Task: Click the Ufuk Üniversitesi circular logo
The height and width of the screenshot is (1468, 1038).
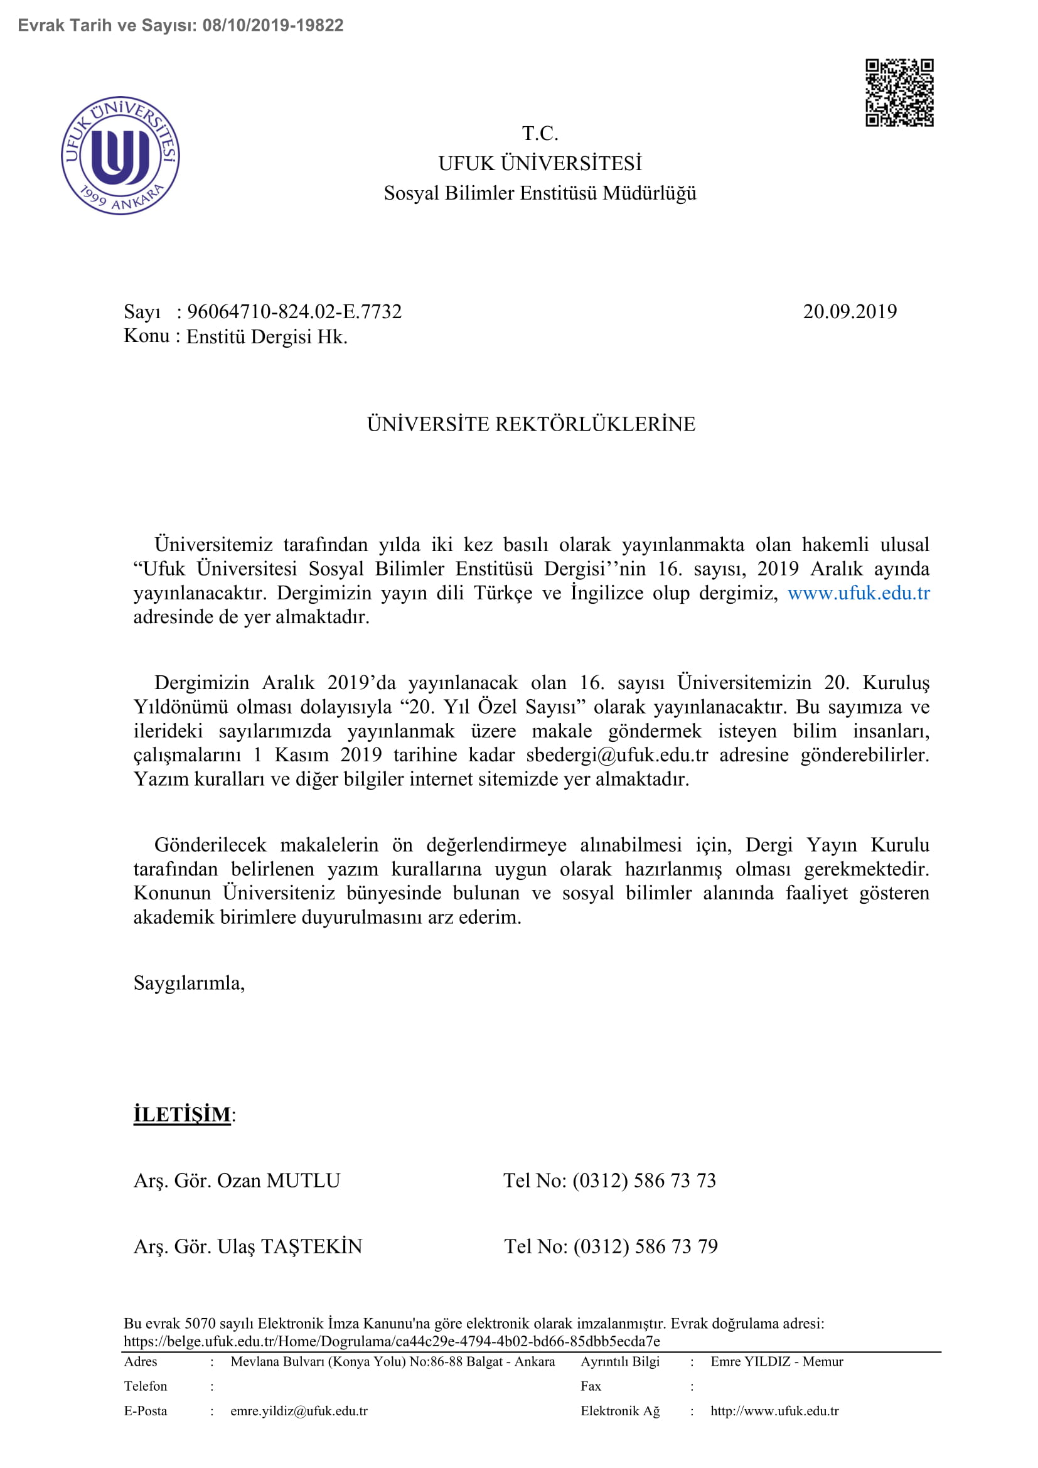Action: click(x=120, y=156)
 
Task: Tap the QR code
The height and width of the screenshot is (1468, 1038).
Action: click(x=899, y=93)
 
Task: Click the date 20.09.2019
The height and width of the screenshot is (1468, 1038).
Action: click(x=850, y=312)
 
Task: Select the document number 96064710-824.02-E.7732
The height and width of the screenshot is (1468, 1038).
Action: click(x=294, y=312)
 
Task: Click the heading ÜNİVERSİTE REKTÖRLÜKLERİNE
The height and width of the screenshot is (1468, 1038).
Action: click(x=530, y=424)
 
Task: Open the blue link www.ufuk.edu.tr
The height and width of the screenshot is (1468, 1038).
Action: click(x=858, y=593)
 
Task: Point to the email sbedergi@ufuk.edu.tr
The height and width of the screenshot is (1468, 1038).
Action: click(x=617, y=755)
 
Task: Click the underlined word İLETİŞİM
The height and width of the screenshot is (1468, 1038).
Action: click(x=182, y=1115)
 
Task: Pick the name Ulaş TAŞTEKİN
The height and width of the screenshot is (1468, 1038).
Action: click(x=289, y=1246)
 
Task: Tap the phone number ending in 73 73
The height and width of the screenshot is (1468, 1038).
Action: click(x=644, y=1181)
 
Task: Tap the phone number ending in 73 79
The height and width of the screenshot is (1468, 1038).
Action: click(x=645, y=1246)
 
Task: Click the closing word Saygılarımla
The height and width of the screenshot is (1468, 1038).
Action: click(x=188, y=983)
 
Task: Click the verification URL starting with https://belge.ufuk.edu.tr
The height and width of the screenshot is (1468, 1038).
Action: click(x=391, y=1341)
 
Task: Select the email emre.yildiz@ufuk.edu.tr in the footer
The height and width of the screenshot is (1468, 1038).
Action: click(x=299, y=1411)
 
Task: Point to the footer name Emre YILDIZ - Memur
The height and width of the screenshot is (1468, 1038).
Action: click(x=776, y=1362)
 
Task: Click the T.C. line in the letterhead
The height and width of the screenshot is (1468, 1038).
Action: click(x=540, y=134)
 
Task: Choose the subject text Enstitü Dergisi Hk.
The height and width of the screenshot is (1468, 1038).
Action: click(x=267, y=337)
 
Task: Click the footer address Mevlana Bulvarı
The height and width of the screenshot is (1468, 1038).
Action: click(x=392, y=1362)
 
